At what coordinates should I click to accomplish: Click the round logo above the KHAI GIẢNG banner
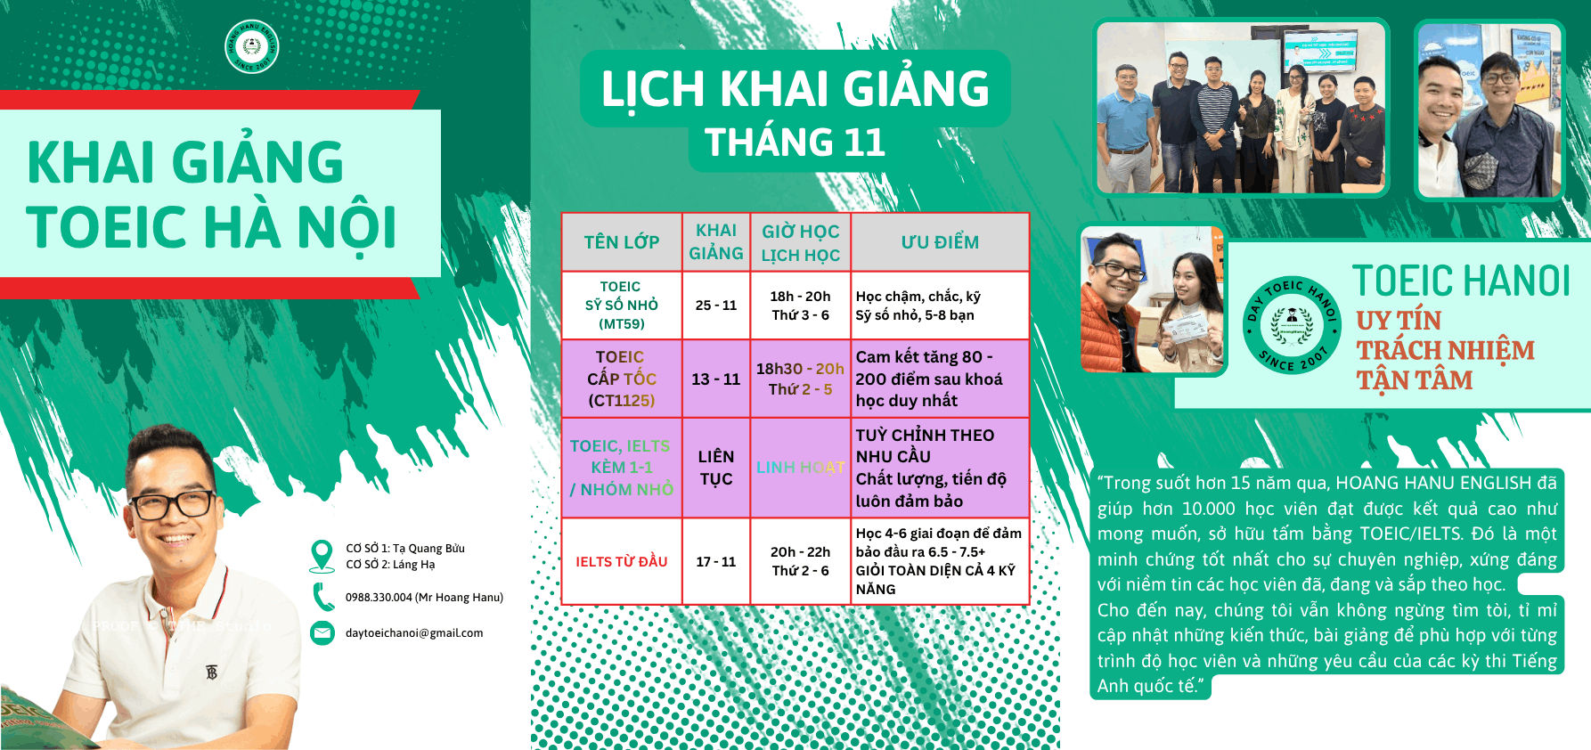252,46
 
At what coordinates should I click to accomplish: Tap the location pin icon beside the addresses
322,555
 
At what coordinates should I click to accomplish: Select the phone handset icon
322,597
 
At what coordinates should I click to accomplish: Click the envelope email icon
322,632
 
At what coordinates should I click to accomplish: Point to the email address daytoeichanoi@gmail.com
414,633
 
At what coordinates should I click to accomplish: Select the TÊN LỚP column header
622,242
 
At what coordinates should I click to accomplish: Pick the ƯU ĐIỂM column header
940,242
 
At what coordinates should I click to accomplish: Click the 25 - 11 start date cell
716,306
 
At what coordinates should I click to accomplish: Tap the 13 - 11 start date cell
716,379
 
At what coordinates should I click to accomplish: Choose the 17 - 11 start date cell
716,562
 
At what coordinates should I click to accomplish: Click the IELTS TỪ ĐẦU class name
622,562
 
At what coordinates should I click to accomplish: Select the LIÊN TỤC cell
716,468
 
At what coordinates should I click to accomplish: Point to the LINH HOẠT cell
800,468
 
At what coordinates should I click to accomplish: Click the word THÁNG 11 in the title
795,143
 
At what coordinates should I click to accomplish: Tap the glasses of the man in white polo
176,504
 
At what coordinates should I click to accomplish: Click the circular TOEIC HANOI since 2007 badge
1292,325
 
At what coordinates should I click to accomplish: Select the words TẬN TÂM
1414,380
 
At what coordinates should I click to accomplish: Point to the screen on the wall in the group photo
1320,50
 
